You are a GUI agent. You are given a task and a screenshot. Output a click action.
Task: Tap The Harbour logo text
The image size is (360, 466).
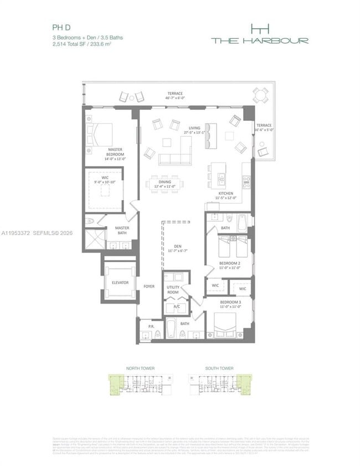(x=259, y=40)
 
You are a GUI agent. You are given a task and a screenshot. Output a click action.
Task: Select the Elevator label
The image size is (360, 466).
(x=120, y=283)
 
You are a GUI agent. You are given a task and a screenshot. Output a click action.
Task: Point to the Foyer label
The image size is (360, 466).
(x=149, y=286)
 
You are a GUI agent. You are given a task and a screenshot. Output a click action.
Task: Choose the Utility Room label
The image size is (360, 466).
(x=173, y=289)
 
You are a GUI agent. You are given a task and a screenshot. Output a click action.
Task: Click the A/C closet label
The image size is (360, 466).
(x=177, y=306)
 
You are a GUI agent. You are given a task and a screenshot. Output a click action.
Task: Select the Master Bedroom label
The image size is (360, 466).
(x=116, y=152)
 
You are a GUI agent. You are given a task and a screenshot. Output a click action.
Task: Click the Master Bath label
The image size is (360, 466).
(x=122, y=230)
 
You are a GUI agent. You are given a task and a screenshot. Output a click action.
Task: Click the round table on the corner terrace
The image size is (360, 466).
(x=260, y=96)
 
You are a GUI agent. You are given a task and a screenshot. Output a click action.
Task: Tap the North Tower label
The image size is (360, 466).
(x=141, y=368)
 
